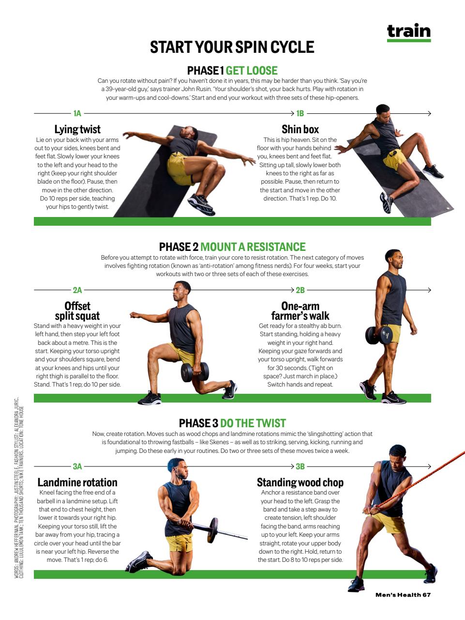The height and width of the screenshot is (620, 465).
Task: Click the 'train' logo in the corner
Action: pos(408,31)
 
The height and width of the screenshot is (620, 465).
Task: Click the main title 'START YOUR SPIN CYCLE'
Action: pos(232,47)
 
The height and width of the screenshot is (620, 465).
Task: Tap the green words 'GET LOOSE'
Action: pos(252,71)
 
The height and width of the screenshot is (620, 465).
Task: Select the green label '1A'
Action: pos(77,113)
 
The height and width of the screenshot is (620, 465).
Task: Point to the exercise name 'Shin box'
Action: pos(300,129)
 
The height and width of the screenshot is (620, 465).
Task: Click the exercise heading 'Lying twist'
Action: pos(77,129)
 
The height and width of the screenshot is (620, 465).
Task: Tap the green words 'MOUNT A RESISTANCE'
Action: pos(253,247)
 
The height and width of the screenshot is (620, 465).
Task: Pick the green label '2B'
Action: pos(300,290)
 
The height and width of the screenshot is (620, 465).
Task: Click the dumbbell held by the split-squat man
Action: pos(195,372)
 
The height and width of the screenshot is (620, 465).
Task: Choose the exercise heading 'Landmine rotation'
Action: pos(77,482)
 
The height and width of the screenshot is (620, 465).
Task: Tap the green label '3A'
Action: pos(77,466)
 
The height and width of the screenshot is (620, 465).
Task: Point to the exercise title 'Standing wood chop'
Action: pos(300,482)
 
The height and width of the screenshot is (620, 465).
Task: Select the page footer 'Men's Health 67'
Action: pos(403,595)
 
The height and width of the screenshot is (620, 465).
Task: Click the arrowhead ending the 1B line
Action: pos(429,113)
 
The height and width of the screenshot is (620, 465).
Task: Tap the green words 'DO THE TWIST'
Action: pos(253,423)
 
